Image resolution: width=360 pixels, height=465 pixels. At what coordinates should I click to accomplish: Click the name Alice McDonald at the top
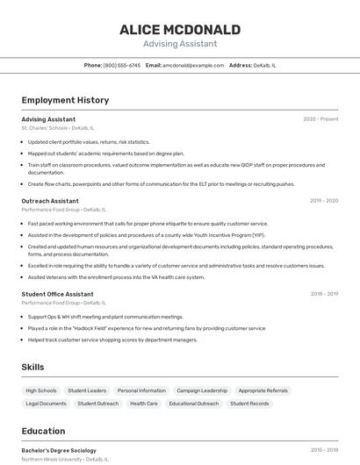tap(180, 29)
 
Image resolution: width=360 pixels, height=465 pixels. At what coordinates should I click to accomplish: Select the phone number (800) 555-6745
tap(122, 65)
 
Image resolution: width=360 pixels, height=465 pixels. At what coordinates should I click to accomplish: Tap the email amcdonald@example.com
tap(193, 65)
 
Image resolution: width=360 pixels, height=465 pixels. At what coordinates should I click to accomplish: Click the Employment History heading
tap(65, 100)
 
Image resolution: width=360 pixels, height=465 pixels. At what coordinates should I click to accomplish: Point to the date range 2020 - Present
tap(320, 119)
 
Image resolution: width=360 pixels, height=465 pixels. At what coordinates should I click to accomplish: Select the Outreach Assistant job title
tap(50, 201)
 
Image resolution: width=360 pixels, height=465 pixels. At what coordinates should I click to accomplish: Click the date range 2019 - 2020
tap(324, 201)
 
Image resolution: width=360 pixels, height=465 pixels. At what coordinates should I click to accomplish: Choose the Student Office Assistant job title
tap(57, 294)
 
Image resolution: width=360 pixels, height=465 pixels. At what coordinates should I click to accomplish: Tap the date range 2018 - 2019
tap(324, 294)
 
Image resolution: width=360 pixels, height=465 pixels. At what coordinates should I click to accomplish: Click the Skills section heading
tap(33, 367)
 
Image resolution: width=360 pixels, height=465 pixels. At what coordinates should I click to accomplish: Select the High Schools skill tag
tap(41, 390)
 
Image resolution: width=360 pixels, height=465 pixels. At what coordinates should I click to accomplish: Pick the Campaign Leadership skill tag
tap(202, 390)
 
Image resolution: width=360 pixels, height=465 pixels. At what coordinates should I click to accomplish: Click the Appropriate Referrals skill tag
tap(263, 390)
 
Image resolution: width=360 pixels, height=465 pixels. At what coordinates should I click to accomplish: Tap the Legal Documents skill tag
tap(46, 404)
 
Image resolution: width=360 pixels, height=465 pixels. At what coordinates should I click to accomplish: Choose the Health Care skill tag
tap(144, 404)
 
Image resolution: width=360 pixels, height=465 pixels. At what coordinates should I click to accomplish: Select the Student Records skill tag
tap(249, 404)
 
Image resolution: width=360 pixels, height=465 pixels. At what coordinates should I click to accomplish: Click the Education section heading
tap(43, 431)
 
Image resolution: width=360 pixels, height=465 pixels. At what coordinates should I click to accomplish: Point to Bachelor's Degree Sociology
tap(59, 450)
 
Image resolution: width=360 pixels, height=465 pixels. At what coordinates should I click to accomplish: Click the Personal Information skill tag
tap(141, 390)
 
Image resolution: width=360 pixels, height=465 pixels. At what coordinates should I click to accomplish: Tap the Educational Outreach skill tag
tap(194, 404)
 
